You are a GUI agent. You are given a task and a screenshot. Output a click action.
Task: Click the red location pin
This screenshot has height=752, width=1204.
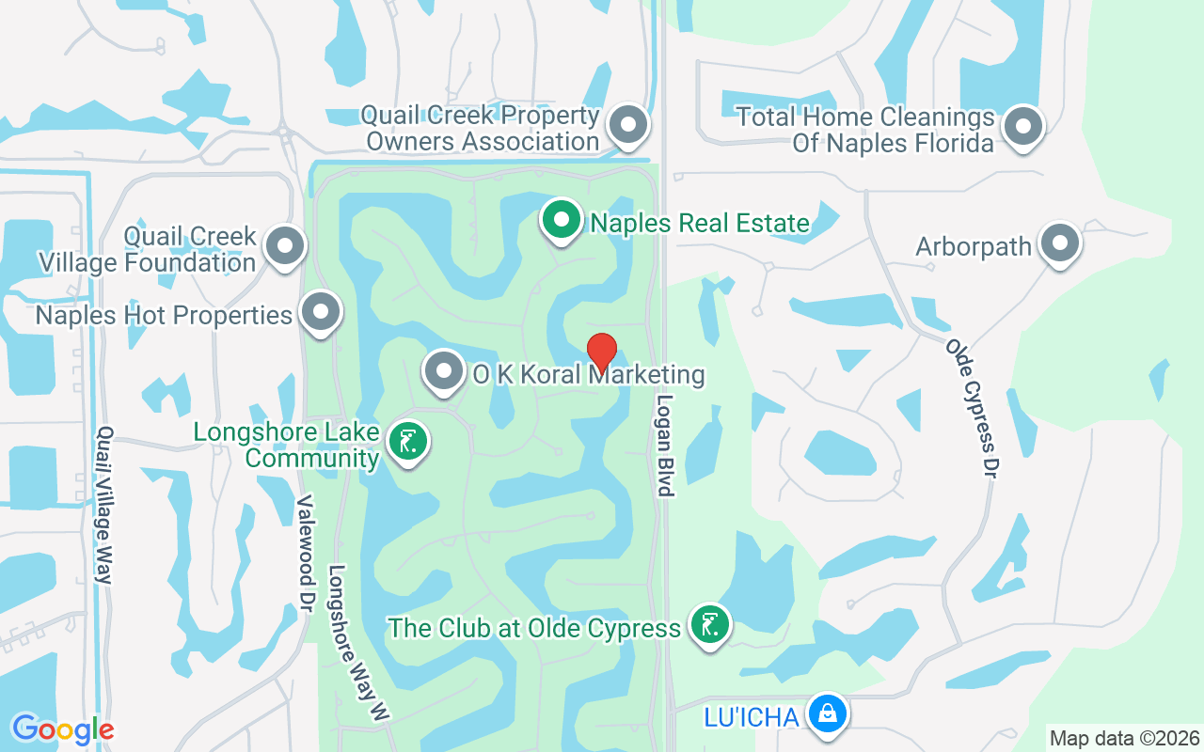coord(602,352)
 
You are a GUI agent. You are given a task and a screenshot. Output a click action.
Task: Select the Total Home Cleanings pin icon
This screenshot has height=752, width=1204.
coord(1023,126)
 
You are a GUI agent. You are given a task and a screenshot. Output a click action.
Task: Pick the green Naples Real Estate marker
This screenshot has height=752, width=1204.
coord(562,221)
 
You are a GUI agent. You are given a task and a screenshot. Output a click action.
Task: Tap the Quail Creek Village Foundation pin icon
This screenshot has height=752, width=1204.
coord(285,246)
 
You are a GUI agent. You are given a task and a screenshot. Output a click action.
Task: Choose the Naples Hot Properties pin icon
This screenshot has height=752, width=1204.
coord(321,312)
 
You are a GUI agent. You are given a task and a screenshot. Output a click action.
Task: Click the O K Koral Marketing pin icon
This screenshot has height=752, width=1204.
coord(443,372)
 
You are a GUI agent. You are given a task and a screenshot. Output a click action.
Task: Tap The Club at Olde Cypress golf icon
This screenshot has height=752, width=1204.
coord(710,625)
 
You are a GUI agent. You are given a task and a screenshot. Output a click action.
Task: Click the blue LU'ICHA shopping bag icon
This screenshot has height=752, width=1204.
coord(828,715)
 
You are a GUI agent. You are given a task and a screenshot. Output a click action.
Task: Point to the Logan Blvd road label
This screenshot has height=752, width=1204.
coord(665,445)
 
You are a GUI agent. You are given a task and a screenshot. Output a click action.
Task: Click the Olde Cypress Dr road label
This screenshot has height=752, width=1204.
coord(972,410)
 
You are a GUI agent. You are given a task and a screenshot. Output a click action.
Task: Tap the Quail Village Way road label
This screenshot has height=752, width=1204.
coord(104,506)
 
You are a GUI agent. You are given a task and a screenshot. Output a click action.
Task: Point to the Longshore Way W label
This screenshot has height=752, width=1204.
coord(357,644)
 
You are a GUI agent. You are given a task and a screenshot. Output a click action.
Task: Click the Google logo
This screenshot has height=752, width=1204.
coord(62,728)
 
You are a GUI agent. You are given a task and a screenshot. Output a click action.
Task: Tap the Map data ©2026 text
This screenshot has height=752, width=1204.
coord(1125,738)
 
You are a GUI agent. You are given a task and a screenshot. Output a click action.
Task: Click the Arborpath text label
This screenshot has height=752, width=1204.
coord(974,246)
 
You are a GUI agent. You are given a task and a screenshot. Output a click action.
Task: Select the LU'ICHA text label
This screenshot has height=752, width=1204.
coord(751,717)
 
